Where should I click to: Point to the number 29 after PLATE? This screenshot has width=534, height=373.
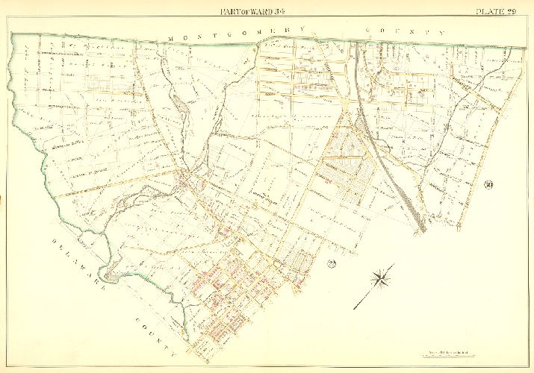point(521,10)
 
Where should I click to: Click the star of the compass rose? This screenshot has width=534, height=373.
point(382,279)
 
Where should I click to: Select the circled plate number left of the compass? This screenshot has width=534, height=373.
point(332,263)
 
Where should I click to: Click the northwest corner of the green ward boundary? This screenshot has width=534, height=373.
point(13,35)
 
